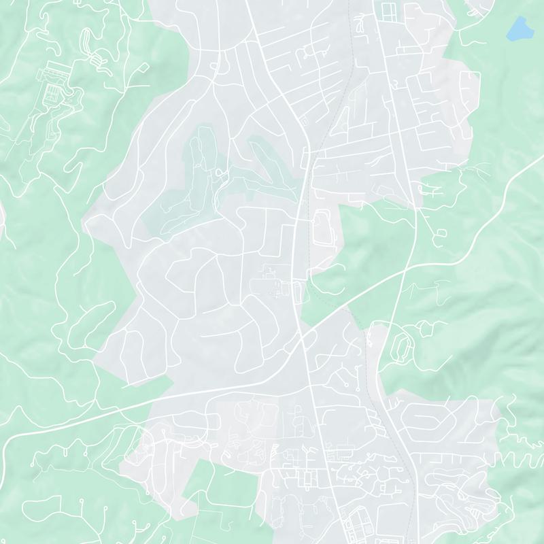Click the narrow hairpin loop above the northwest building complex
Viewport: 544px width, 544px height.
tap(88, 41)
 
